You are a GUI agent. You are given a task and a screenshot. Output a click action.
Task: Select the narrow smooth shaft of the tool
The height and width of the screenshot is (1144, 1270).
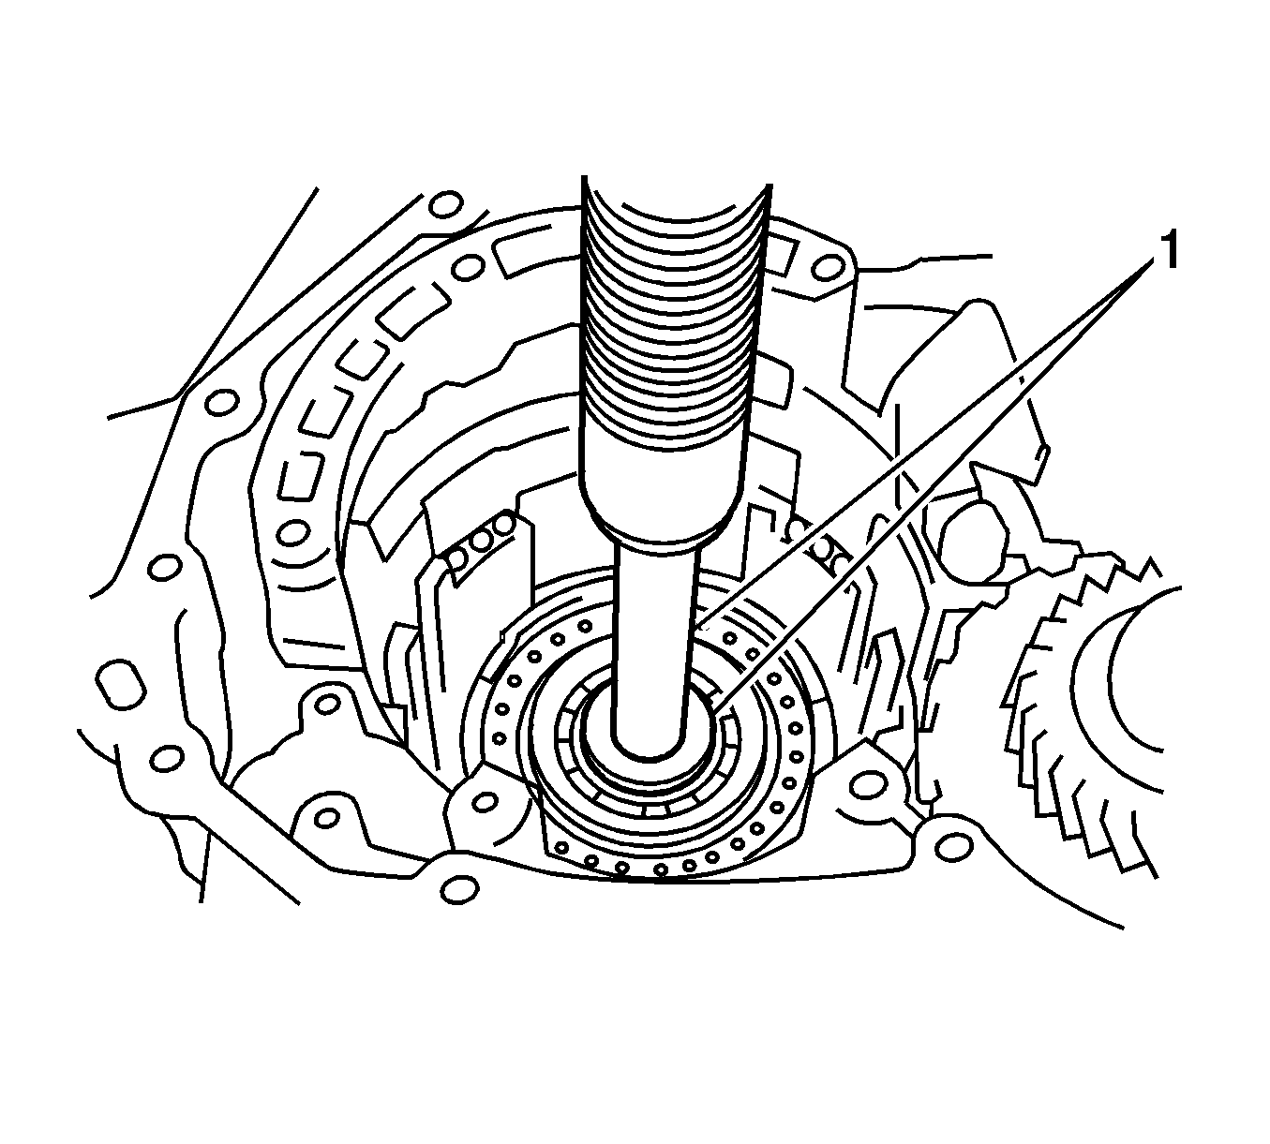click(654, 639)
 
